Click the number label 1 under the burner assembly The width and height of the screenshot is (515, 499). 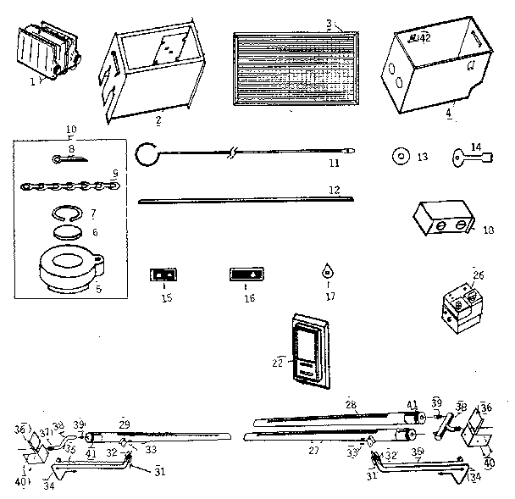click(x=33, y=82)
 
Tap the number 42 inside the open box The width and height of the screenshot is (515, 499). click(x=421, y=38)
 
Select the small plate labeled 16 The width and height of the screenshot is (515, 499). click(x=246, y=274)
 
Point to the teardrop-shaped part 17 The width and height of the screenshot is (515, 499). click(x=326, y=273)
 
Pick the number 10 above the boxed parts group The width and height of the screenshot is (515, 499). click(x=69, y=130)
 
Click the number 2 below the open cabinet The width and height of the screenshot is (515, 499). click(x=158, y=120)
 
